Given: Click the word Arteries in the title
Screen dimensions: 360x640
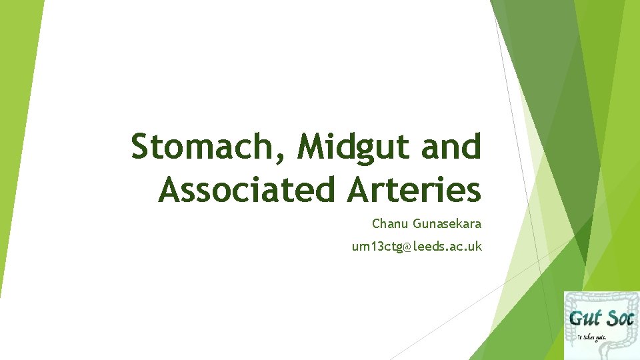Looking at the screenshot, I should (x=413, y=189).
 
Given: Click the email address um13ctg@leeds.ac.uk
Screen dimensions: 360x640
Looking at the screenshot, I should (x=417, y=247).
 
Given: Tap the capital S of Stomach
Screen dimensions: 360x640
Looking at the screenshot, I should (x=141, y=147).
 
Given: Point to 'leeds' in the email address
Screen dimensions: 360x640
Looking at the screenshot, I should (x=427, y=247).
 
